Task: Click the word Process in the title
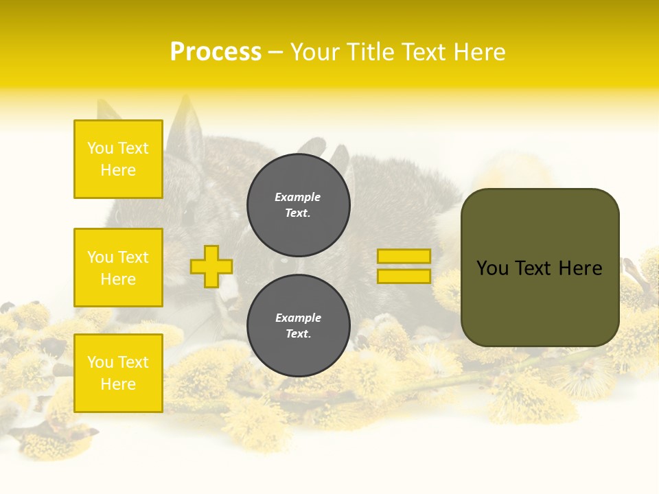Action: coord(216,52)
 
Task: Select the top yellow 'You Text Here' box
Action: coord(118,159)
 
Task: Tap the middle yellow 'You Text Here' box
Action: coord(118,268)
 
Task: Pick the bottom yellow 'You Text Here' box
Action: coord(118,373)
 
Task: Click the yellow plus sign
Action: coord(211,266)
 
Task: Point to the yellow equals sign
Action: coord(404,266)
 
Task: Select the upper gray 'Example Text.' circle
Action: coord(299,205)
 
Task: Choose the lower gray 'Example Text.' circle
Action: coord(299,326)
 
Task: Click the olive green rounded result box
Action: coord(540,268)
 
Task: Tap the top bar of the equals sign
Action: coord(404,256)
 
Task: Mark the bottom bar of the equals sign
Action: coord(404,277)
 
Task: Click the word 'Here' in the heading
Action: coord(479,52)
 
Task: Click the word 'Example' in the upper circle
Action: coord(297,197)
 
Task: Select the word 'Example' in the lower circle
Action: coord(298,318)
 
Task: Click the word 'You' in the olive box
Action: coord(492,268)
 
